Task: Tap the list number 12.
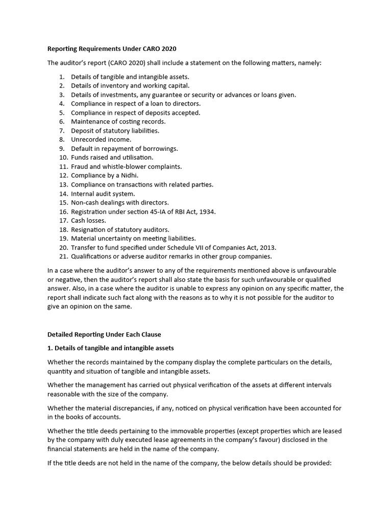point(63,175)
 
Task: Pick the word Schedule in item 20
point(172,247)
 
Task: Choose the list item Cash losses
point(88,220)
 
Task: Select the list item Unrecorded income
point(101,139)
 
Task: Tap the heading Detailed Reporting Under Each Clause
point(104,334)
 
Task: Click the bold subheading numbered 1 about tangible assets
point(111,348)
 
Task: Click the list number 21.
point(63,256)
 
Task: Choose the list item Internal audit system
point(103,193)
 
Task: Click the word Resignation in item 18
point(89,229)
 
